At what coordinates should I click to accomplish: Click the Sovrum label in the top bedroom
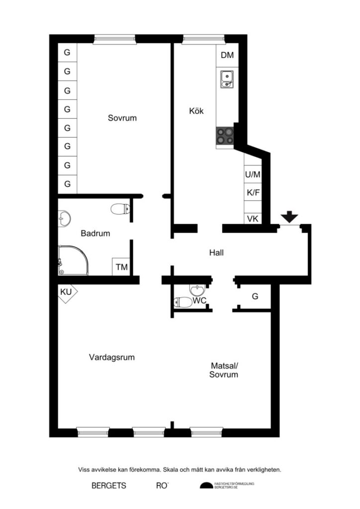click(122, 118)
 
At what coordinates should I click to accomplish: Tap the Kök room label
click(196, 111)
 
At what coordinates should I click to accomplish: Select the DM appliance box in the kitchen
click(227, 55)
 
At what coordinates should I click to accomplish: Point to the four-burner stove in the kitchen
click(225, 136)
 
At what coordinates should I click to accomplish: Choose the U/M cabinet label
click(253, 175)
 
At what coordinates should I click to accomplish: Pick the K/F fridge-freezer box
click(253, 193)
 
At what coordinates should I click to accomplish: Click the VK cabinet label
click(253, 219)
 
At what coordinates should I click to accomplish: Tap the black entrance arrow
click(289, 217)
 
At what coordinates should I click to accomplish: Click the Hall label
click(216, 253)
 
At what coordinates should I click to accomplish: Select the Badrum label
click(95, 233)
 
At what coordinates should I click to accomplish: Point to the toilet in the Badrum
click(119, 209)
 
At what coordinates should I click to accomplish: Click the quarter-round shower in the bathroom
click(73, 260)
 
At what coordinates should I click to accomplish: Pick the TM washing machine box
click(122, 267)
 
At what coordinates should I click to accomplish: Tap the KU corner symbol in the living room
click(66, 292)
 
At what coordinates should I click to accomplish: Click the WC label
click(200, 301)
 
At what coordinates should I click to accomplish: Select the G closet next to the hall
click(255, 297)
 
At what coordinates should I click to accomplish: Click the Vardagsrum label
click(112, 357)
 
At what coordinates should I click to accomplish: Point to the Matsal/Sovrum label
click(224, 370)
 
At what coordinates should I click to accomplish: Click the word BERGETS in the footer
click(109, 486)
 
